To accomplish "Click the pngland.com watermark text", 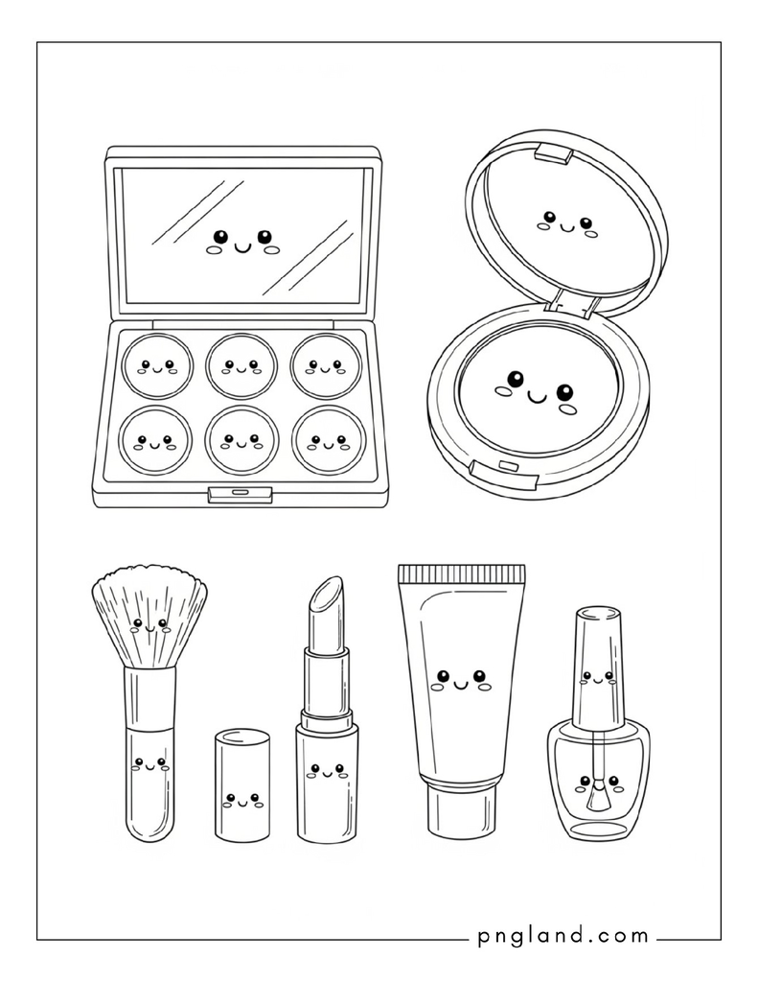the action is pyautogui.click(x=563, y=937).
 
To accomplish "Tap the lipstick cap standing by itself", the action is pyautogui.click(x=242, y=784).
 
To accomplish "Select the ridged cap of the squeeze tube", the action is pyautogui.click(x=461, y=573).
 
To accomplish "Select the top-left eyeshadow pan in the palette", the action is pyautogui.click(x=157, y=365).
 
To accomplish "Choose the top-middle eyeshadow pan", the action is pyautogui.click(x=241, y=365).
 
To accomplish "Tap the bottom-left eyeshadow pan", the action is pyautogui.click(x=156, y=441).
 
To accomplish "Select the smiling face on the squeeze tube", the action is pyautogui.click(x=460, y=681).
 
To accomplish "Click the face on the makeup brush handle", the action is pyautogui.click(x=150, y=765).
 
